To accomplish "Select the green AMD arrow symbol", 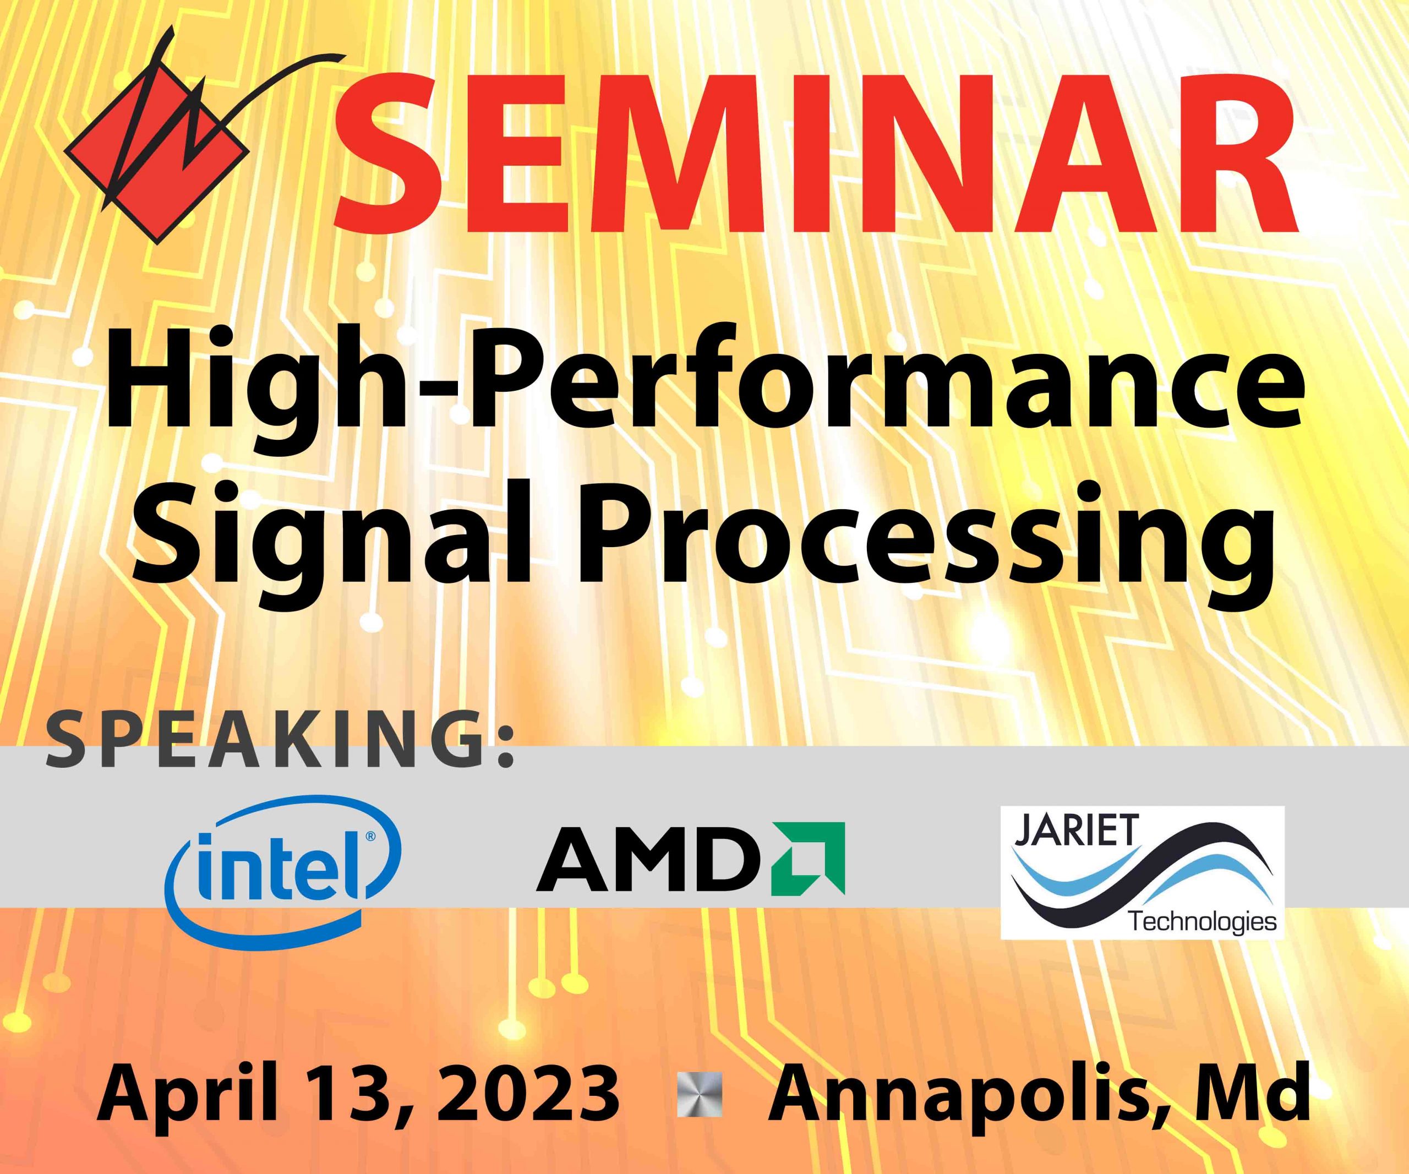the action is tap(809, 858).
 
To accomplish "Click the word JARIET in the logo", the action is tap(1077, 830).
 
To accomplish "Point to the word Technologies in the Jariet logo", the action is tap(1204, 922).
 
